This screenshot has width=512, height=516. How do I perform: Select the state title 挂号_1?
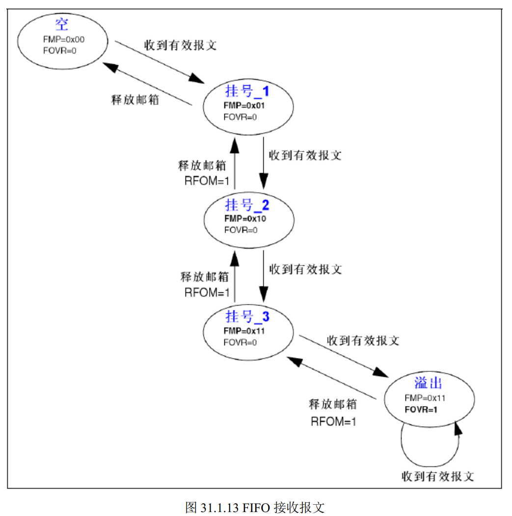pos(247,92)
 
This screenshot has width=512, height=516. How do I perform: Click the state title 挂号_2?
pos(247,205)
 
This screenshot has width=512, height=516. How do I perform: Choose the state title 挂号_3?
pos(247,316)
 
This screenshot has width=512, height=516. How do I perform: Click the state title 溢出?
pos(428,383)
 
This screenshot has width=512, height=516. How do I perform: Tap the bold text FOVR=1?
pos(421,410)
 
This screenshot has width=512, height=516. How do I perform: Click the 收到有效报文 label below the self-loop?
pos(438,476)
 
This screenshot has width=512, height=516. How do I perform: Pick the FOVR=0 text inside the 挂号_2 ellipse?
pos(241,230)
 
